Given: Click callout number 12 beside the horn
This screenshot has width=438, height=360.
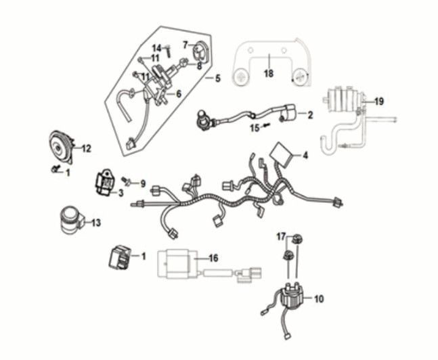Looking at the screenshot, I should tap(86, 148).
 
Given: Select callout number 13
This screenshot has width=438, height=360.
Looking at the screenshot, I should tap(95, 223).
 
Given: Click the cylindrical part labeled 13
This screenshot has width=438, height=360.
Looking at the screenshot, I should tap(70, 220).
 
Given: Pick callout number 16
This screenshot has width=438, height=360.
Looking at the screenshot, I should tap(213, 258).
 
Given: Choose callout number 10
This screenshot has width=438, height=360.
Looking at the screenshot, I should tap(319, 298).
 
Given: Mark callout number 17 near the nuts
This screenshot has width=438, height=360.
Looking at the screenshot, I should tap(282, 236).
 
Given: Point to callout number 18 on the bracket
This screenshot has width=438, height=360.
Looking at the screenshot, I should tap(268, 74).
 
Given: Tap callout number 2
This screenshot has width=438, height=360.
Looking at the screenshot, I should tap(309, 116).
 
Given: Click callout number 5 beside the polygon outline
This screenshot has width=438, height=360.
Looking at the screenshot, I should tap(217, 78).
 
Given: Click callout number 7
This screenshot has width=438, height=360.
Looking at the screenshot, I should tap(185, 45).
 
